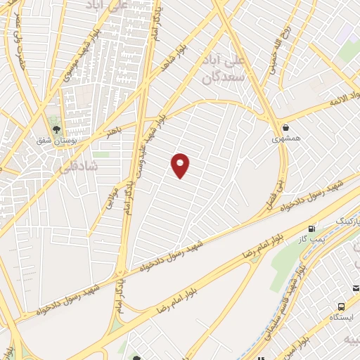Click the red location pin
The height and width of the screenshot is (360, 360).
pos(181,165)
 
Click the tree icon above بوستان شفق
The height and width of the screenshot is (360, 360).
pos(57,129)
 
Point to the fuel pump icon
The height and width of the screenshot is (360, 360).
pos(311,229)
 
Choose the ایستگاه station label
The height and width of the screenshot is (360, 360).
pos(340,317)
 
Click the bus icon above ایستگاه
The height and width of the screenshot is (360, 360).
pos(341,306)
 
